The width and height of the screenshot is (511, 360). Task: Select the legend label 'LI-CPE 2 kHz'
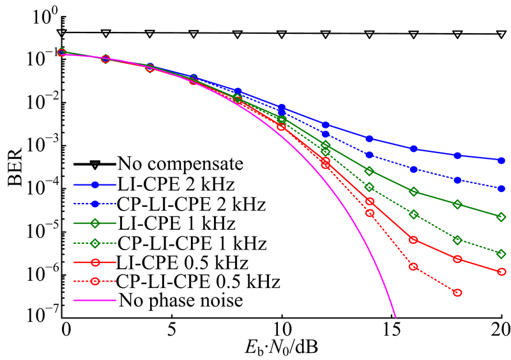tap(167, 184)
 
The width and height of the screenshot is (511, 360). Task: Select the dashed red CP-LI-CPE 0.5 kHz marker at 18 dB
tap(457, 292)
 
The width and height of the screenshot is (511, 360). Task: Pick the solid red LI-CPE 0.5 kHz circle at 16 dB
tap(413, 240)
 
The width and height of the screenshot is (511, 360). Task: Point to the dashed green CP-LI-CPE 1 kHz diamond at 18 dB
tap(457, 240)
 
